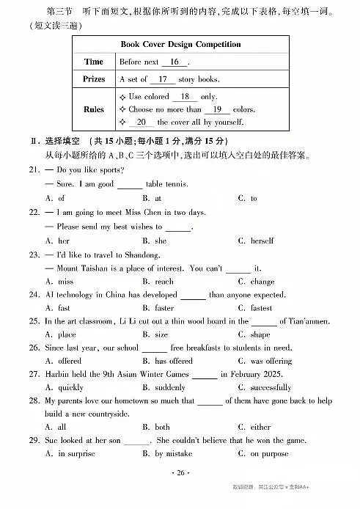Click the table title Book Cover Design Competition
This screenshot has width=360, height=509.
point(180,44)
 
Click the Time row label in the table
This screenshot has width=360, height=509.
point(94,62)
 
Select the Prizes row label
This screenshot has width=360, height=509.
point(94,78)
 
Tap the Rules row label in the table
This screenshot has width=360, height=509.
point(94,109)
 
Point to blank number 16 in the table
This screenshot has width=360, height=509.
point(175,62)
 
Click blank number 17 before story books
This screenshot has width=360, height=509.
point(162,78)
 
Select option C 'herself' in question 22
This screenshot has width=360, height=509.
point(260,241)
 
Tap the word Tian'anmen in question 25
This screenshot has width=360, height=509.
point(304,321)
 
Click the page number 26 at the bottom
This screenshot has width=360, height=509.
point(180,473)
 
